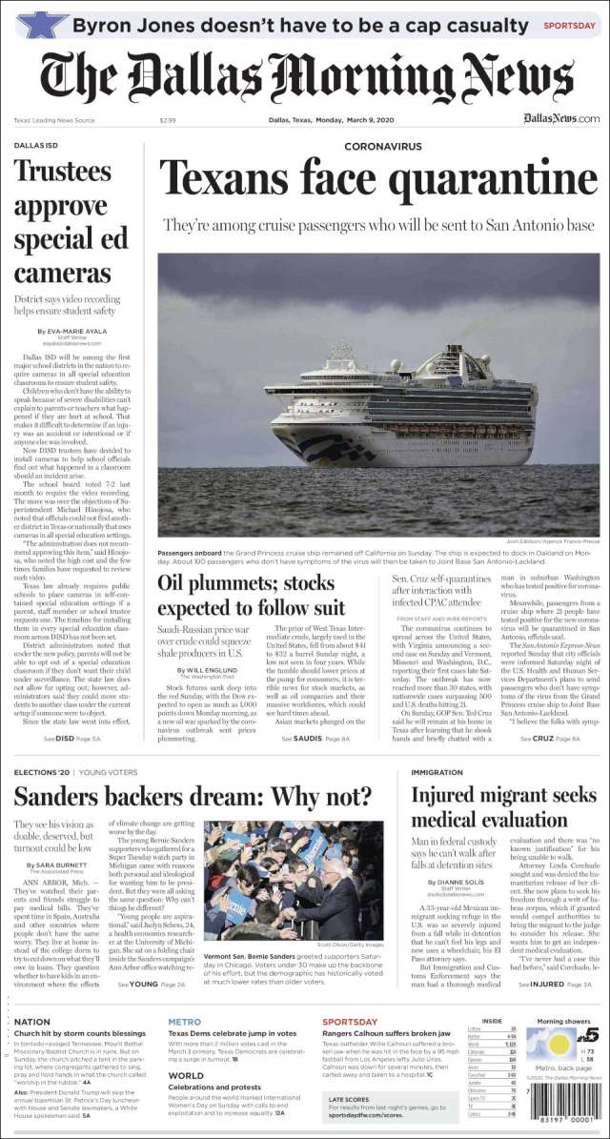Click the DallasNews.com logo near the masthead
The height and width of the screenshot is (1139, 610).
(561, 118)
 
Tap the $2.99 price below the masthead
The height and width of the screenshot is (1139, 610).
(168, 119)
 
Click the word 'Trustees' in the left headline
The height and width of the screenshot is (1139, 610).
(63, 172)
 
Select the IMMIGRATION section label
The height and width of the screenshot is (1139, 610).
(437, 772)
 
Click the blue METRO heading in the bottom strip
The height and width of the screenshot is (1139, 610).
(184, 1021)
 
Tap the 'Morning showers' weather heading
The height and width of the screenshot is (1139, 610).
(564, 1022)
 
